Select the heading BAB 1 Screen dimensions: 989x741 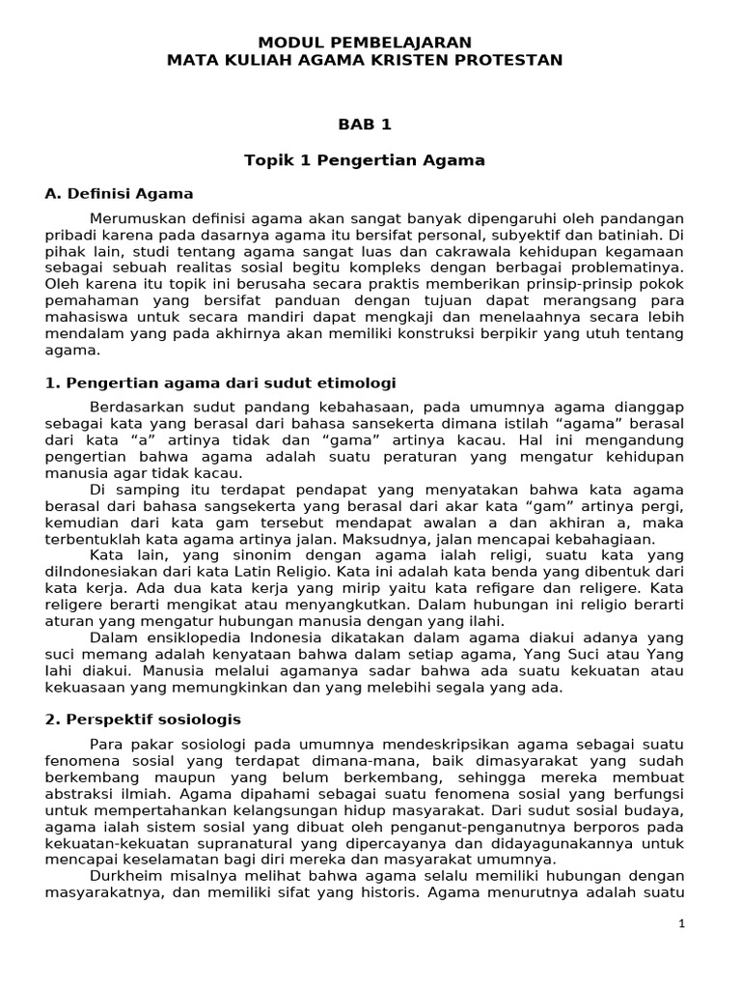tap(364, 124)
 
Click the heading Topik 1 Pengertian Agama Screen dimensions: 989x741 tap(364, 159)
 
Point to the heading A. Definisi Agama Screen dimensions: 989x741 tap(120, 193)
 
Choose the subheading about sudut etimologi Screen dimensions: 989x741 tap(221, 382)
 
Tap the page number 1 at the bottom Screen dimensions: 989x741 tap(681, 924)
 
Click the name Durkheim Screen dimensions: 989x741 tap(124, 876)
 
